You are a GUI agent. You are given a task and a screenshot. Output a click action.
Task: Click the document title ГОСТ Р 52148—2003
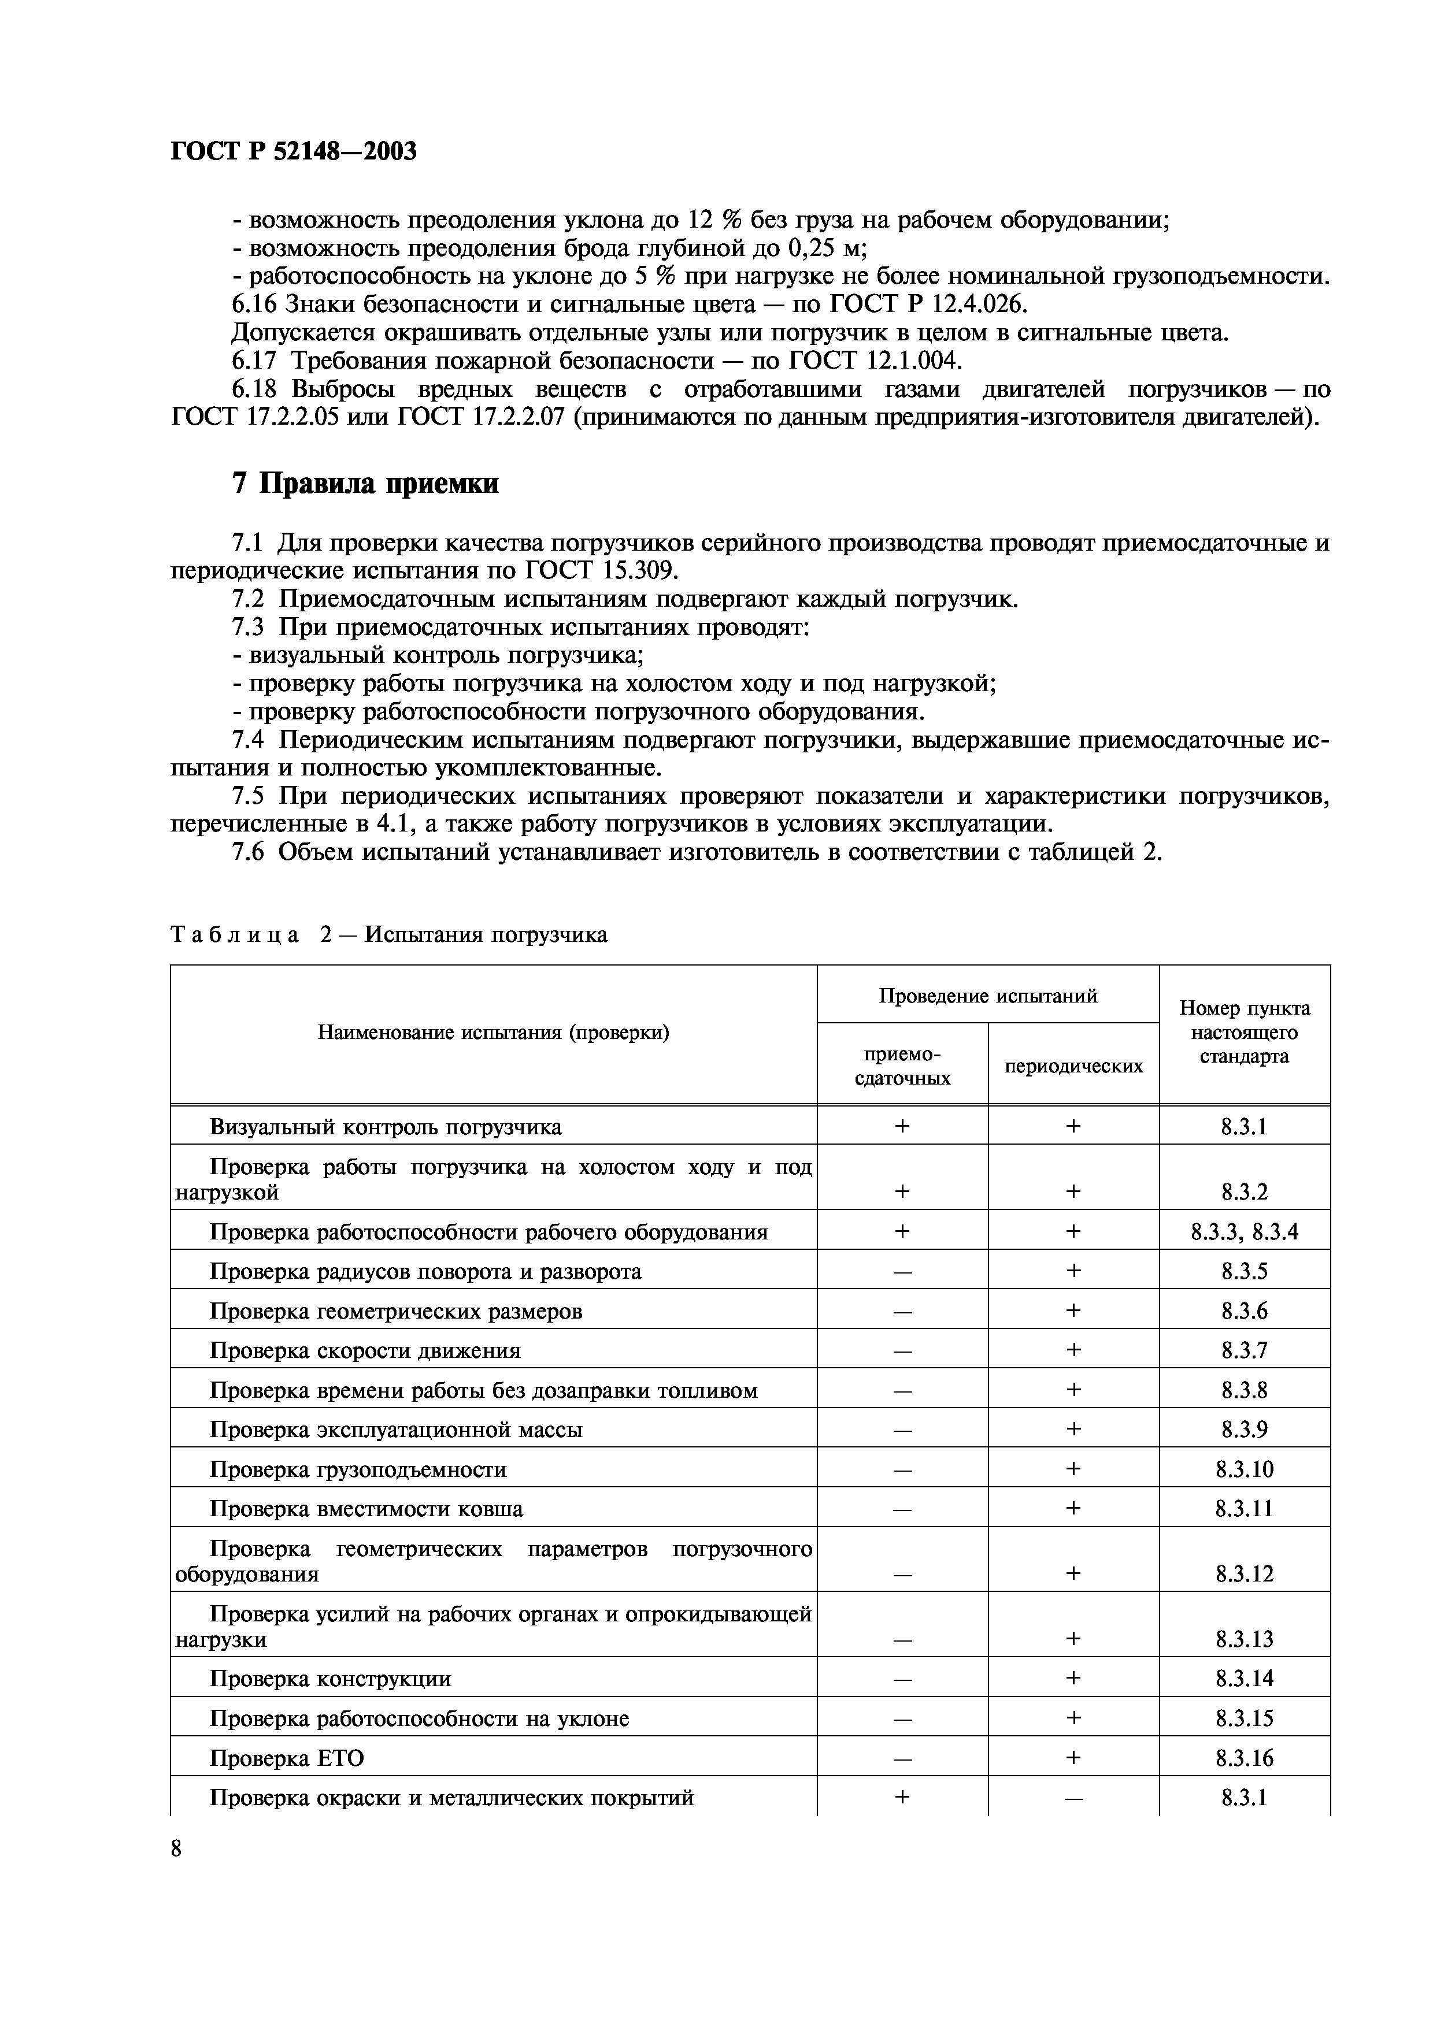293,152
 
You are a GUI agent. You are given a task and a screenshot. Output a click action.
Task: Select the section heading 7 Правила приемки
365,484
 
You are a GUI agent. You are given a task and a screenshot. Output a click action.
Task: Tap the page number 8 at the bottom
176,1848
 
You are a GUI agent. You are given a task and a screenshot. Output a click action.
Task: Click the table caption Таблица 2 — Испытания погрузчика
388,934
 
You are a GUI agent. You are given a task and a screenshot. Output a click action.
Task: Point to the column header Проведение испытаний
987,996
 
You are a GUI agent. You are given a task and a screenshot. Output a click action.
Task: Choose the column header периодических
1073,1066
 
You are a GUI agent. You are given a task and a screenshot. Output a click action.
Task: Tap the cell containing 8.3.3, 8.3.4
1244,1231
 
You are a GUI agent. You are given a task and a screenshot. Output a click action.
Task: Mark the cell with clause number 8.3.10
1244,1469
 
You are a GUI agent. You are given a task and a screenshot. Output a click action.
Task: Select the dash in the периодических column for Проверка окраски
1073,1798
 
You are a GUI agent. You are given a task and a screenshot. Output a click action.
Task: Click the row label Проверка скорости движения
365,1351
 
